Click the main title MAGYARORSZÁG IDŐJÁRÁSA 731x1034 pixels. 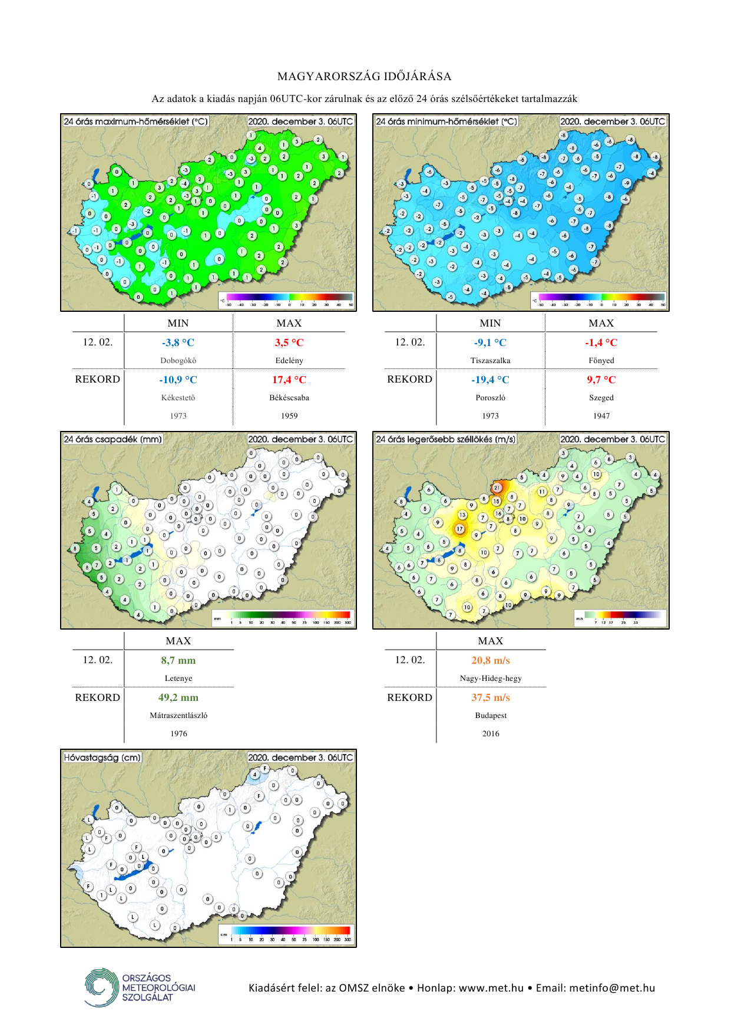tap(365, 77)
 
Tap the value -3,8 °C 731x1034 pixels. tap(178, 343)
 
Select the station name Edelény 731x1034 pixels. tap(289, 360)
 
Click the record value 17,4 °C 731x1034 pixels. tap(289, 380)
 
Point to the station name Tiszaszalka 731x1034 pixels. tap(490, 360)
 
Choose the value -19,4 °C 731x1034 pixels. tap(490, 380)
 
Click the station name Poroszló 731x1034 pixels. tap(490, 398)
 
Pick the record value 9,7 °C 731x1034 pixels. tap(601, 380)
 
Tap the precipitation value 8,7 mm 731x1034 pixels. tap(178, 660)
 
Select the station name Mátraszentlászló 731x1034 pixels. tap(178, 716)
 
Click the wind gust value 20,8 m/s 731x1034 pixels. tap(491, 660)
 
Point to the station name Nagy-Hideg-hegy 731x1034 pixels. tap(491, 679)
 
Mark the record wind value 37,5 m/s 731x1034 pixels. tap(491, 697)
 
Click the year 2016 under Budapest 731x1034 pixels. tap(491, 734)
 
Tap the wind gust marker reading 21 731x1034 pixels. tap(497, 488)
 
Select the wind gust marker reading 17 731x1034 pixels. tap(459, 529)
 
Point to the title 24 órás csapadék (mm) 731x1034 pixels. tap(113, 439)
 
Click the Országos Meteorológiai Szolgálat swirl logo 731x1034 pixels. tap(101, 987)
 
